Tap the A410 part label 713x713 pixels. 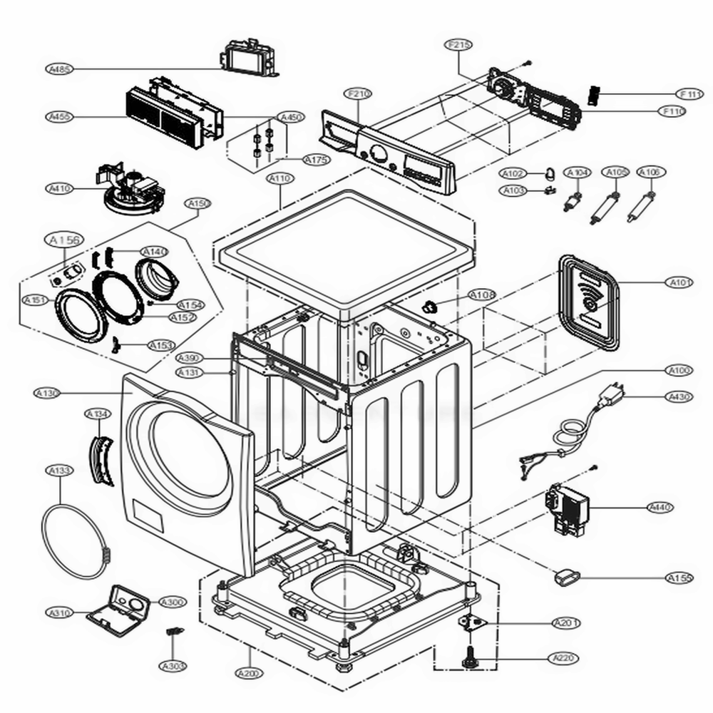[58, 189]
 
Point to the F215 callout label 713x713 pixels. [459, 45]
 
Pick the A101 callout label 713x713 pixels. [680, 283]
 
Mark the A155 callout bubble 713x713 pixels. [680, 578]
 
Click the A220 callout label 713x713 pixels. [563, 657]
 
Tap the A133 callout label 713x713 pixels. [60, 471]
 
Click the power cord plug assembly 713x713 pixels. [610, 396]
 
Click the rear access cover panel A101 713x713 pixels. [588, 299]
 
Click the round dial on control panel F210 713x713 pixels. [376, 153]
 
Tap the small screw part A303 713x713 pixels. [173, 633]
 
